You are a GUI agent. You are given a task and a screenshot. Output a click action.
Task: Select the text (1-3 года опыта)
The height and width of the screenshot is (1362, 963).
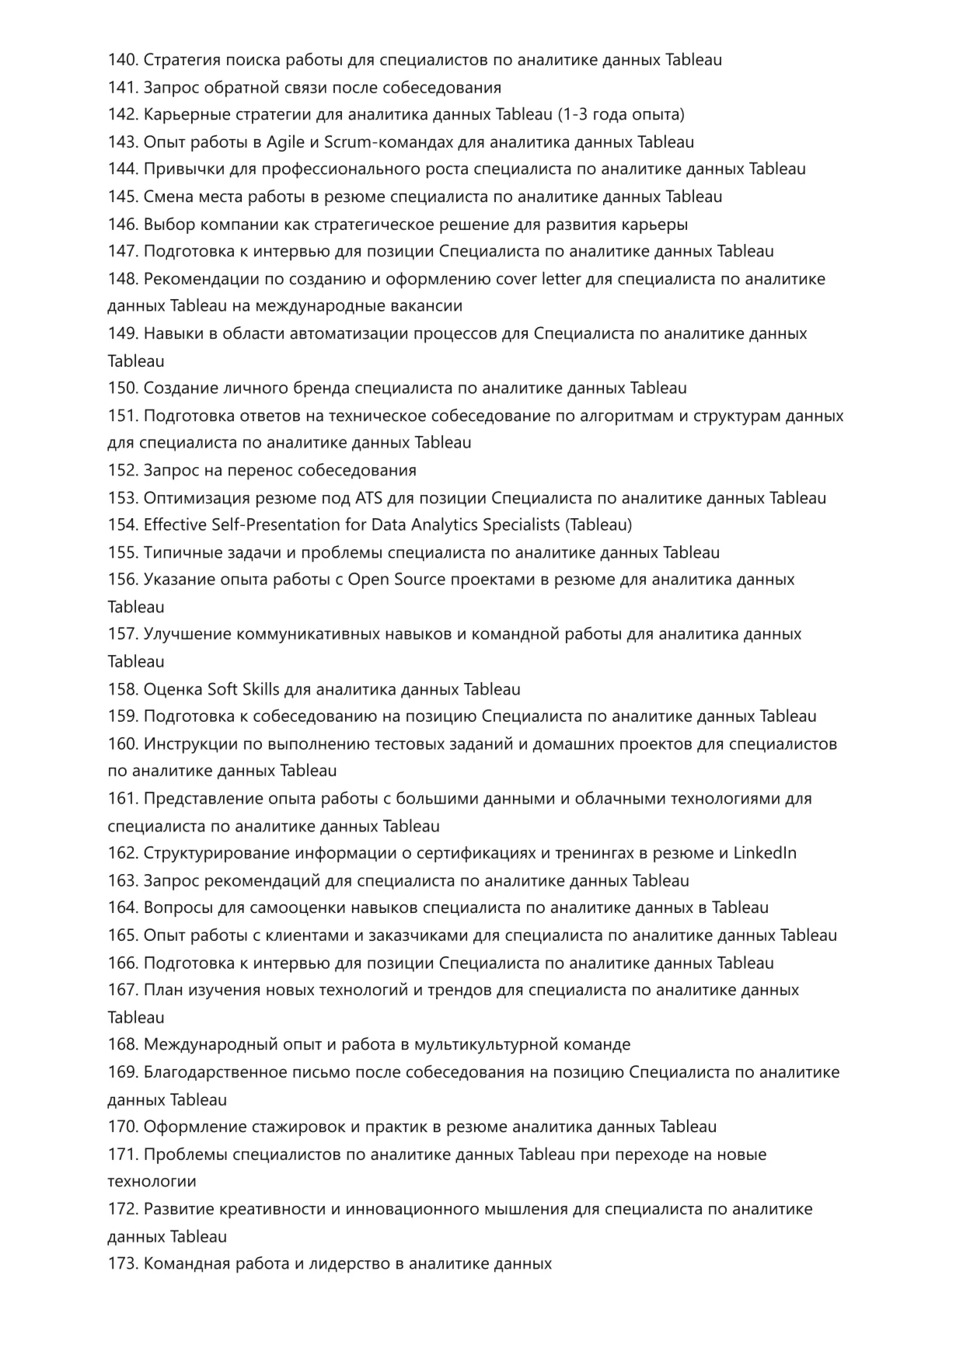point(621,115)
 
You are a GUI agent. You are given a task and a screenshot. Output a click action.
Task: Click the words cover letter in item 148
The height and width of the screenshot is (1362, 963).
point(538,279)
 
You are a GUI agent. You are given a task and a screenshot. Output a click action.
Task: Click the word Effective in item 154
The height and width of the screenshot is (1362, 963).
point(175,525)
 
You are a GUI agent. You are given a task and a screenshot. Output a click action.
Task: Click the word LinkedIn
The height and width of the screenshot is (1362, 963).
point(765,853)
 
